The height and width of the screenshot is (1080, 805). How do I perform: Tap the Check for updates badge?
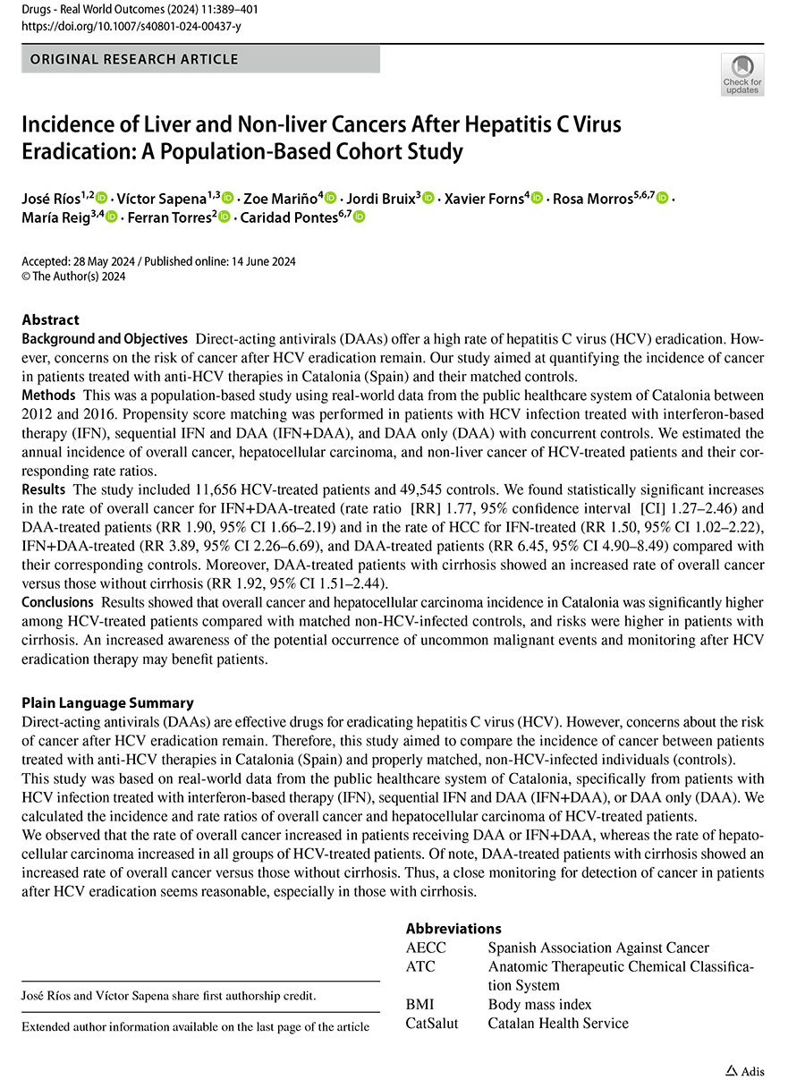(741, 74)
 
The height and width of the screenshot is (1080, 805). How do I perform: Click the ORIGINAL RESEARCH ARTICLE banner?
(134, 60)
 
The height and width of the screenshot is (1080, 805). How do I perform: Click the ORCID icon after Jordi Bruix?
(428, 198)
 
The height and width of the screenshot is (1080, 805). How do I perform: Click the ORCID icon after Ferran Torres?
(225, 217)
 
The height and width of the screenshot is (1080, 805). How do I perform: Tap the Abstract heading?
(50, 319)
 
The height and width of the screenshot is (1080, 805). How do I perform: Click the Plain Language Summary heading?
(107, 702)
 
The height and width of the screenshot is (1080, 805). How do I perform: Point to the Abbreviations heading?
(453, 929)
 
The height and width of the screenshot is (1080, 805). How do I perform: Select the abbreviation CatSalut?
(431, 1023)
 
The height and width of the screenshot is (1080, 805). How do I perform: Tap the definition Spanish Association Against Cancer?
(597, 948)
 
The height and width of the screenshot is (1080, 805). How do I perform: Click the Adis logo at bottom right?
(744, 1070)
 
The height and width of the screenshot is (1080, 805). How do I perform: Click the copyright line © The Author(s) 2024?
(74, 276)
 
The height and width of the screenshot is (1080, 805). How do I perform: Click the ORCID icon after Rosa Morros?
(663, 198)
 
